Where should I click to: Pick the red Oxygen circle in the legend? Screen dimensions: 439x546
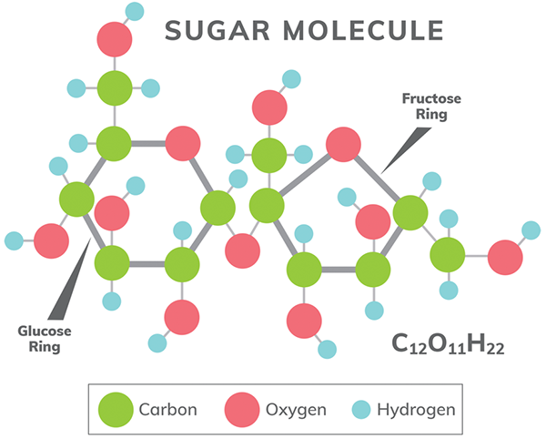242,409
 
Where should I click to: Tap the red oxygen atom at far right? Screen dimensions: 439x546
505,257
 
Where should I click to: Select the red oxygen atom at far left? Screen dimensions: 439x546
51,240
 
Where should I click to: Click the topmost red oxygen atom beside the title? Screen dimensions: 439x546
116,40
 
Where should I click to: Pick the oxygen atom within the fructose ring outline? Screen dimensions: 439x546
343,144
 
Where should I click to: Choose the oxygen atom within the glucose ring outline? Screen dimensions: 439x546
182,143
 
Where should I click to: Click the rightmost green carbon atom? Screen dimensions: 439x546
448,255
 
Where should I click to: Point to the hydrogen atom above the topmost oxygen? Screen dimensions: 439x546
135,12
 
